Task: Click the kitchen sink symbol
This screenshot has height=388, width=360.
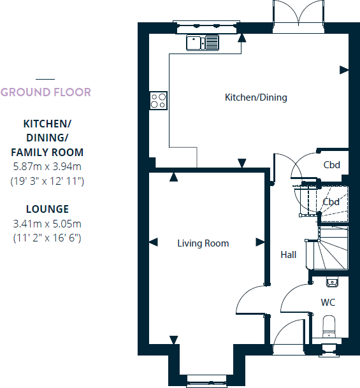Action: tap(203, 43)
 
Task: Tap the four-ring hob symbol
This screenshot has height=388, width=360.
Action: tap(158, 101)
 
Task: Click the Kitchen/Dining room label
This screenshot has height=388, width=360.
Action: tap(256, 97)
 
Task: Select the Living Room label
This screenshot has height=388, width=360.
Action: tap(203, 243)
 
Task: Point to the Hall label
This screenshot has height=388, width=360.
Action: tap(288, 255)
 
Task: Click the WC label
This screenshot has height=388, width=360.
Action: tap(328, 301)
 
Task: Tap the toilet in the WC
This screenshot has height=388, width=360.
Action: tap(329, 326)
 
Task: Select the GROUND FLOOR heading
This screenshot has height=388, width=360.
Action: tap(46, 92)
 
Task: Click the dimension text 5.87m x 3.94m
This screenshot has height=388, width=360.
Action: tap(47, 167)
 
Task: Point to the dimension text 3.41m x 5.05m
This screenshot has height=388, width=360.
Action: tap(47, 224)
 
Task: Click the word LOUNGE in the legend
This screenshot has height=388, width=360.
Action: tap(47, 209)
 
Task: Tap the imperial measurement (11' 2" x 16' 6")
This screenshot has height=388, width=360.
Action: tap(47, 238)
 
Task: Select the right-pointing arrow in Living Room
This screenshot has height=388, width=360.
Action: tap(260, 242)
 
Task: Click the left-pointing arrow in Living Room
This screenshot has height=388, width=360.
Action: tap(153, 242)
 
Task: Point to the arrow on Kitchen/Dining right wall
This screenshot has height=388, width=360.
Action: tap(344, 69)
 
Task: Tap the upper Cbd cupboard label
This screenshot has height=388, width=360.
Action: tap(331, 165)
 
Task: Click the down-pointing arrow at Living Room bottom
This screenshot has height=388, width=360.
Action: tap(173, 341)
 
